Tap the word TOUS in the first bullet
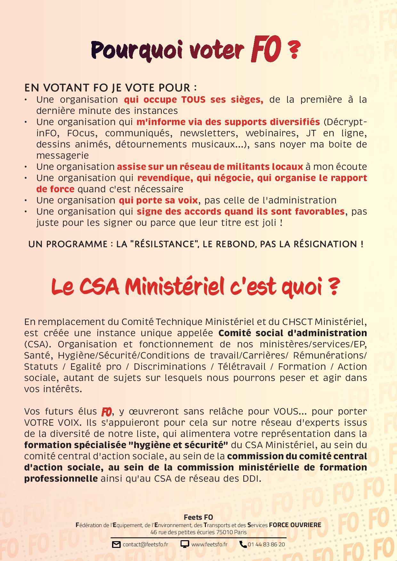(193, 100)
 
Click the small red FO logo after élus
(107, 412)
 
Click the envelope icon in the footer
(116, 544)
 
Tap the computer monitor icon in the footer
(185, 544)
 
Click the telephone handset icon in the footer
(243, 544)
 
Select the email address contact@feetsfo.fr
(145, 544)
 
